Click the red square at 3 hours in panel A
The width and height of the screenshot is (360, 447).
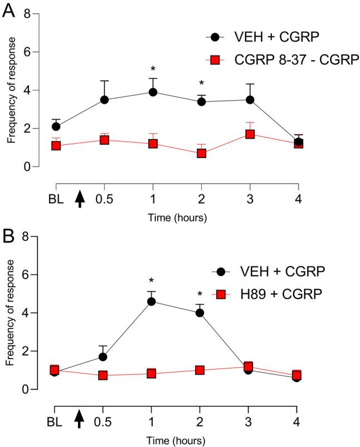[250, 134]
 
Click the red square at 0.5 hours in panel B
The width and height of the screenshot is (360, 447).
[104, 375]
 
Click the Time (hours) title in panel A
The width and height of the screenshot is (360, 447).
[178, 218]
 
